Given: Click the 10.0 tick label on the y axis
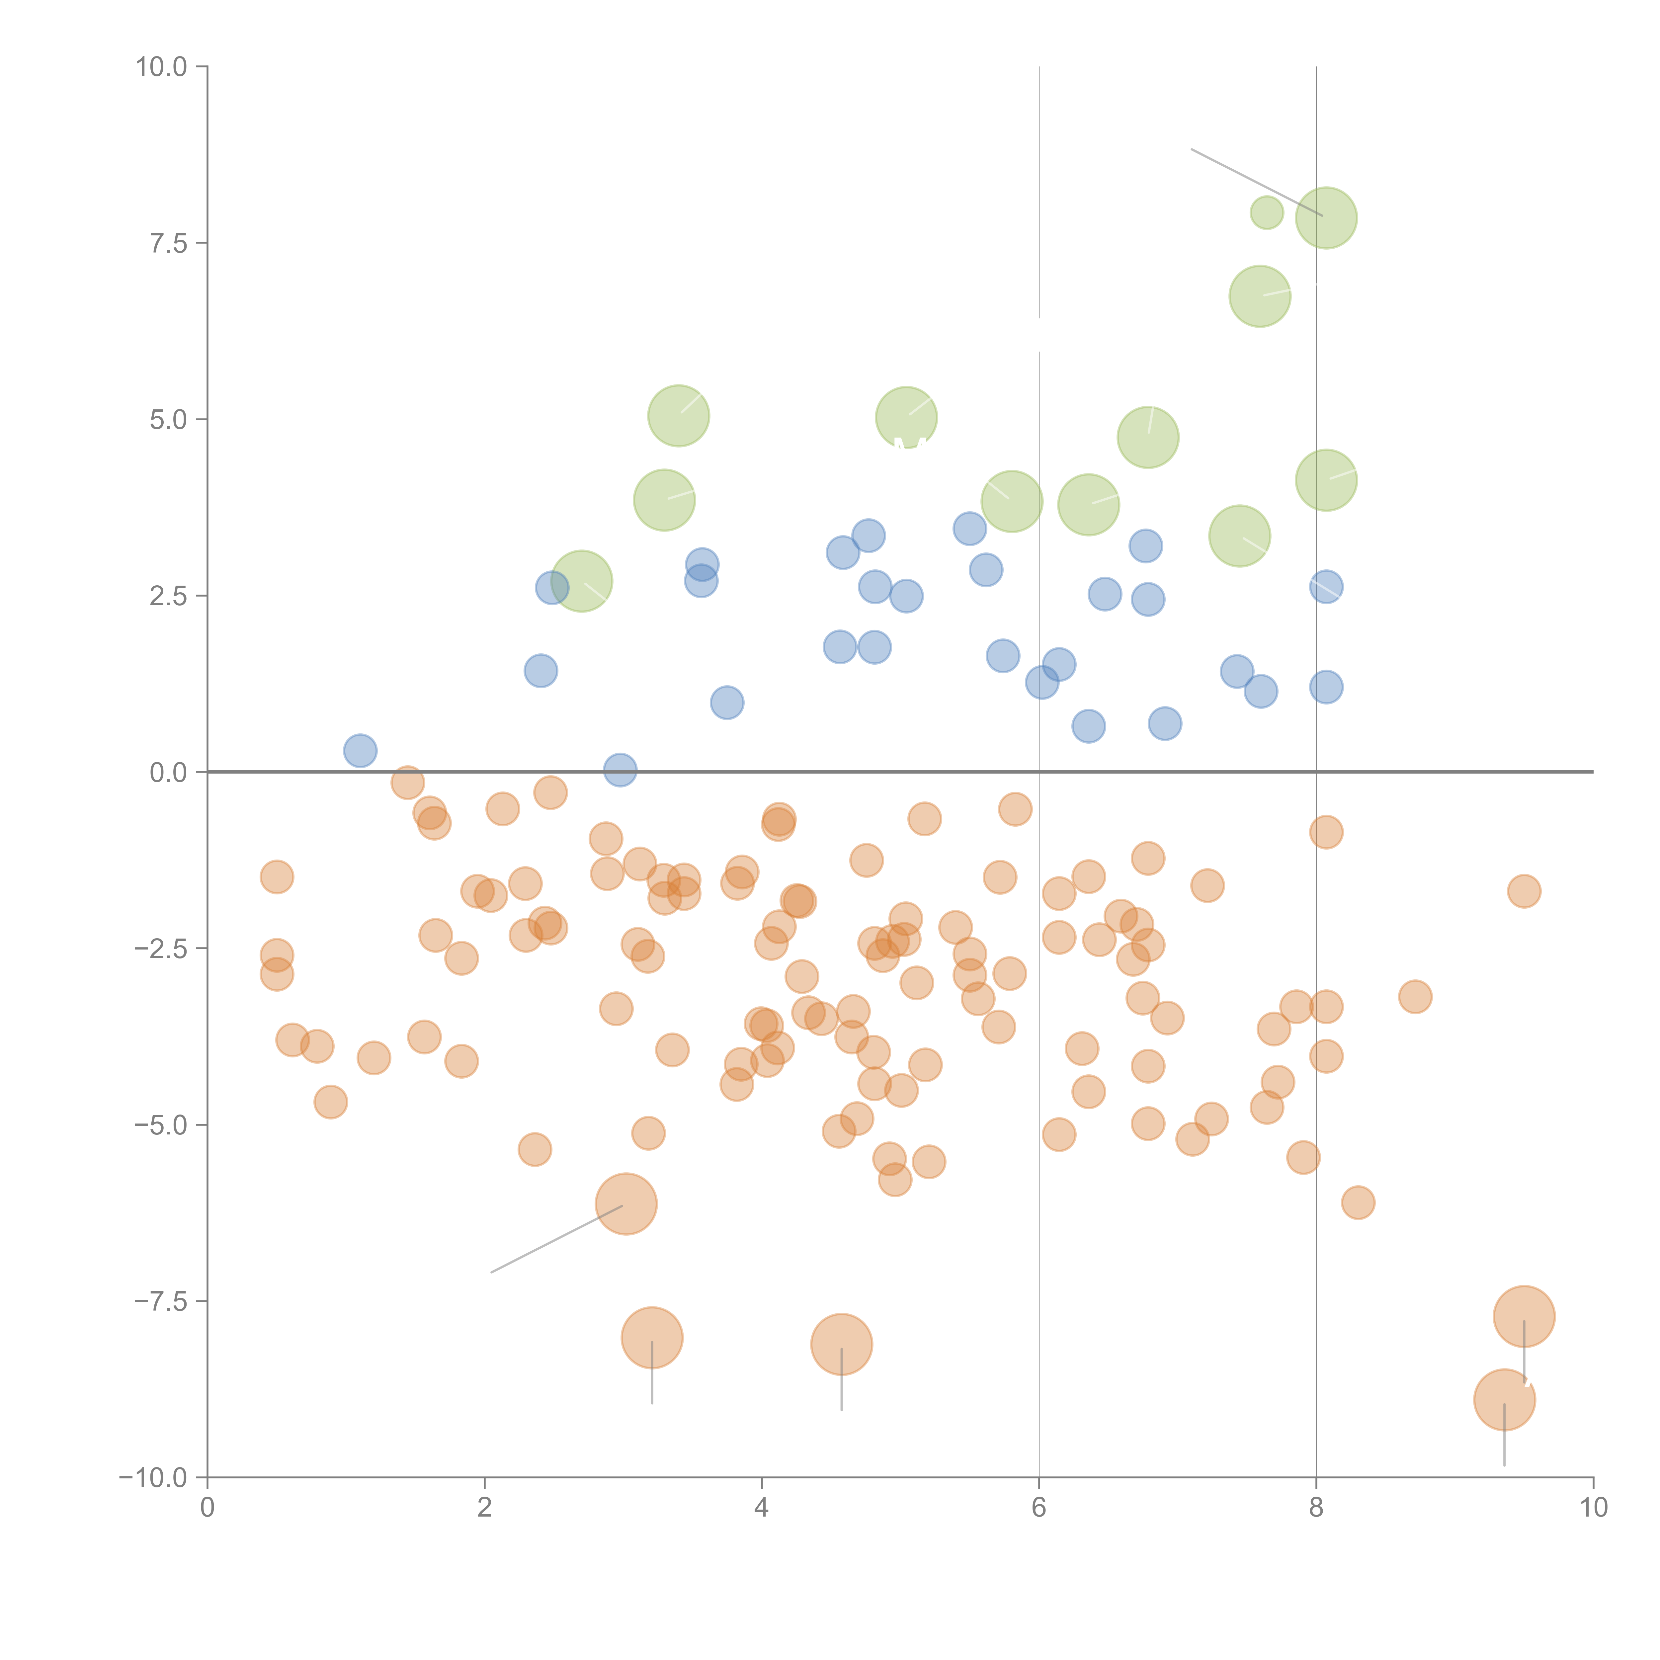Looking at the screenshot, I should pyautogui.click(x=162, y=67).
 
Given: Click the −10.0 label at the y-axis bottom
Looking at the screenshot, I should pyautogui.click(x=153, y=1478).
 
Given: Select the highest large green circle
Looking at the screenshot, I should pyautogui.click(x=1326, y=217).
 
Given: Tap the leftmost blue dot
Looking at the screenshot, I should pyautogui.click(x=360, y=750).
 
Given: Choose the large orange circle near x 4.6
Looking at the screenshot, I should pyautogui.click(x=841, y=1345).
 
